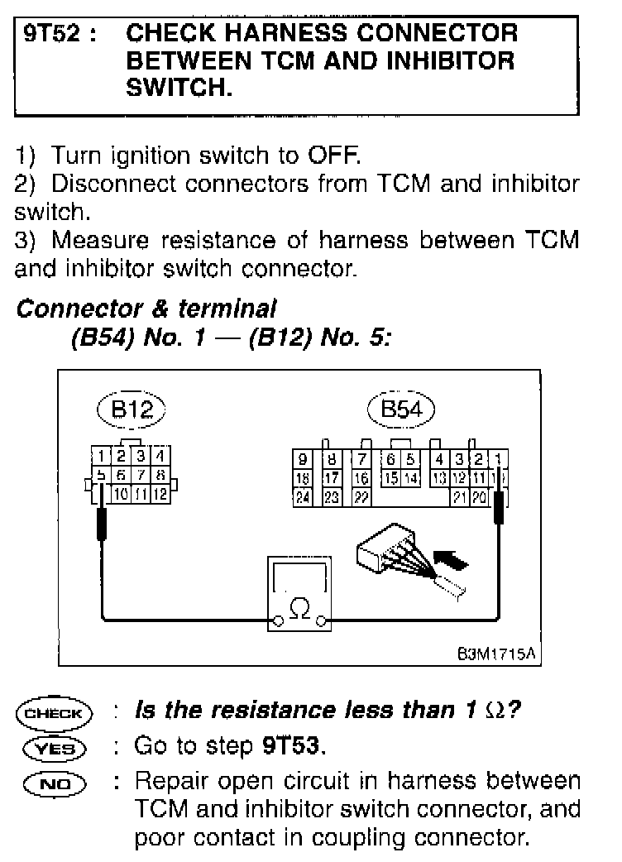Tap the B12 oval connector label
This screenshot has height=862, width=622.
132,409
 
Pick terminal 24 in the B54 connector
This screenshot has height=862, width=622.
304,496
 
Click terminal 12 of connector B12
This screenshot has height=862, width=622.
160,495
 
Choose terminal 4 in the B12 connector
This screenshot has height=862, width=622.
160,456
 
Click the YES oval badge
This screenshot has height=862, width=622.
55,748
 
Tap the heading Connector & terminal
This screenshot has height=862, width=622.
146,309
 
